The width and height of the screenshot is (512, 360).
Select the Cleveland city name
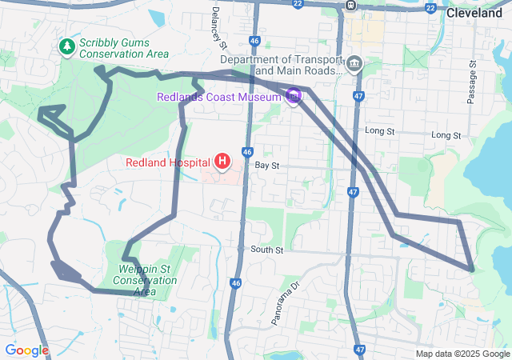474,13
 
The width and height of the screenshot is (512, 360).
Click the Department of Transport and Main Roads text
282,65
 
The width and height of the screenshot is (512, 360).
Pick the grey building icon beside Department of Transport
354,63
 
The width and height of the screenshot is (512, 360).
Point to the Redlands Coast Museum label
226,97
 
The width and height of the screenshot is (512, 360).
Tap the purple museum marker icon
293,97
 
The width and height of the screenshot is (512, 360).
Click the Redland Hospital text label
167,162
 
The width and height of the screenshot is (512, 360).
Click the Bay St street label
266,165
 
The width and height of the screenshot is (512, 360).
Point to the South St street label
266,250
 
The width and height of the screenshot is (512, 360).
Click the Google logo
26,350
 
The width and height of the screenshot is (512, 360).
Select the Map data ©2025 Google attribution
462,354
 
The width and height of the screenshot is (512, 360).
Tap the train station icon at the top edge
350,5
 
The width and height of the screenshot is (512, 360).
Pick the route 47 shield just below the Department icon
358,95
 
